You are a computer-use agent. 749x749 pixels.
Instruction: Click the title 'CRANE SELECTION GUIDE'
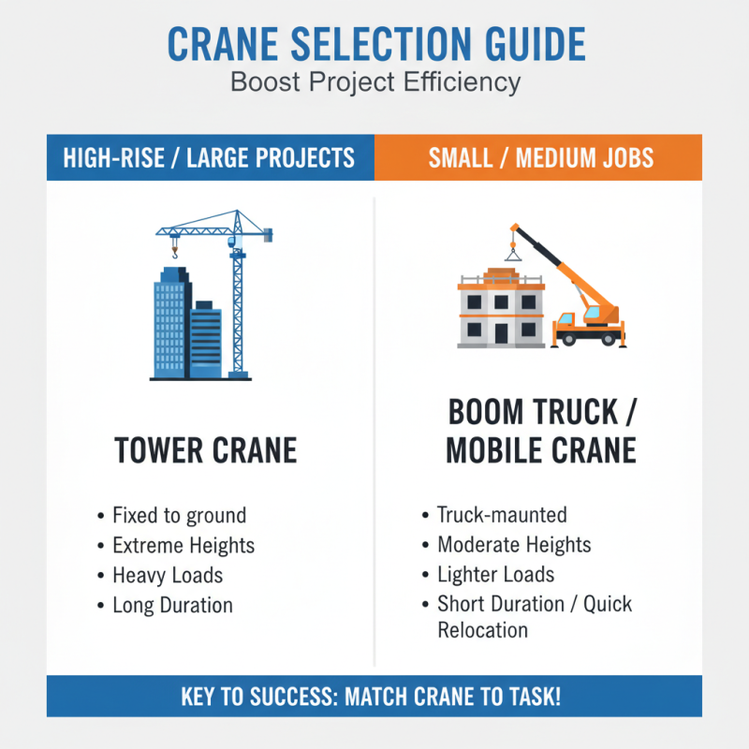[x=374, y=45]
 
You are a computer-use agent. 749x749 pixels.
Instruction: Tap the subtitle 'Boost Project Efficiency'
[x=374, y=81]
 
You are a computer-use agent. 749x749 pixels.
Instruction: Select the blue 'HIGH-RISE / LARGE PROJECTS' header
[x=209, y=157]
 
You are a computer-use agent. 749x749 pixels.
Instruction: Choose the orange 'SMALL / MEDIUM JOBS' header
[x=537, y=157]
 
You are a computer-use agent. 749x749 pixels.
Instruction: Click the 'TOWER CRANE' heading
[x=206, y=450]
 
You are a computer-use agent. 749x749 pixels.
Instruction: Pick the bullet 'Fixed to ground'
[x=179, y=515]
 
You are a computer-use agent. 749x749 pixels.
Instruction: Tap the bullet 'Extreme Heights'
[x=184, y=545]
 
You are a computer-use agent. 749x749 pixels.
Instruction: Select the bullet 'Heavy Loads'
[x=168, y=575]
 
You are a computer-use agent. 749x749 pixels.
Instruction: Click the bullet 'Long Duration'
[x=172, y=605]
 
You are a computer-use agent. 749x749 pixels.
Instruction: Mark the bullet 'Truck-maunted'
[x=502, y=515]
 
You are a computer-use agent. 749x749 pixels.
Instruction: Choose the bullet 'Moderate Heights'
[x=514, y=545]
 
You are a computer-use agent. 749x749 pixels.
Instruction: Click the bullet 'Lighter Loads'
[x=496, y=575]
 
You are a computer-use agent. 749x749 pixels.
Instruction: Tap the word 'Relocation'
[x=483, y=629]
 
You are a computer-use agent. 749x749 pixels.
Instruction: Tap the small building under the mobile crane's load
[x=501, y=309]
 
